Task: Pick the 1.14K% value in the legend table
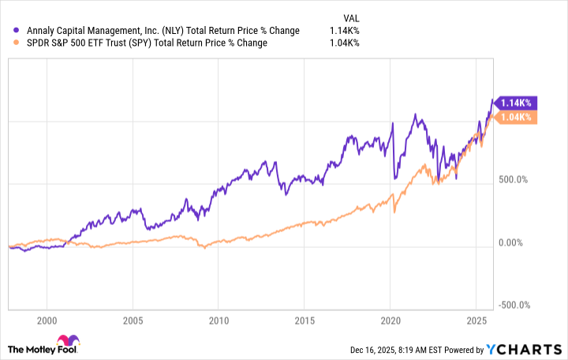pyautogui.click(x=344, y=31)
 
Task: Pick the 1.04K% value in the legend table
pyautogui.click(x=344, y=43)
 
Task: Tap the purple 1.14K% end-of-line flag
pyautogui.click(x=515, y=103)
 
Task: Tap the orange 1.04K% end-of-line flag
pyautogui.click(x=515, y=117)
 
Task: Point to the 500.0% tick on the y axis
pyautogui.click(x=512, y=180)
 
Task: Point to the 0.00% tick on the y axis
pyautogui.click(x=512, y=243)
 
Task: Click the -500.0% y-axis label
pyautogui.click(x=514, y=306)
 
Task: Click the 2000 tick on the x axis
pyautogui.click(x=47, y=321)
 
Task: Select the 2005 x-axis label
pyautogui.click(x=133, y=321)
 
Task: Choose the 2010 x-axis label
pyautogui.click(x=219, y=321)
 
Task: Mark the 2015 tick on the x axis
pyautogui.click(x=305, y=321)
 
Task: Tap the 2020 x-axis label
pyautogui.click(x=390, y=321)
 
